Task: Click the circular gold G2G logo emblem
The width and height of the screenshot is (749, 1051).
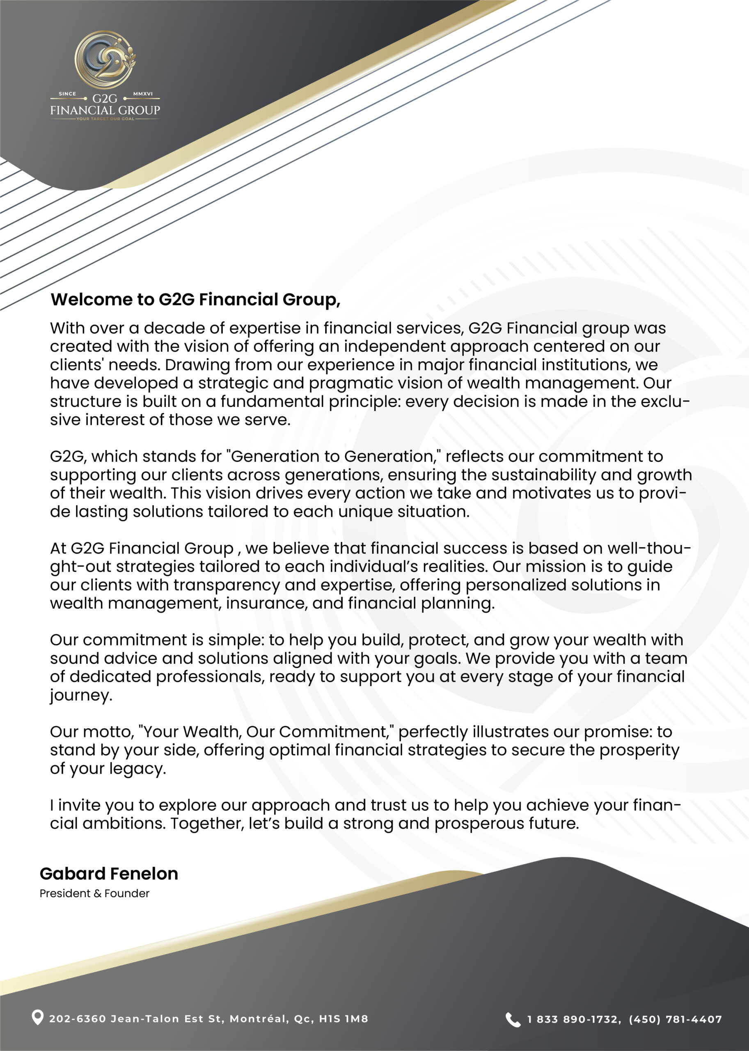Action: click(x=105, y=60)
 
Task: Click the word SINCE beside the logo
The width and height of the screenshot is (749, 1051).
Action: click(x=67, y=94)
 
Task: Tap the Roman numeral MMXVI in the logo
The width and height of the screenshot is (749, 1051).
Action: click(x=143, y=94)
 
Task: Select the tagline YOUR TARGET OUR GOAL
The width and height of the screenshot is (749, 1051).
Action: click(x=105, y=119)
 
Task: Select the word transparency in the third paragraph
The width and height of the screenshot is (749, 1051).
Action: click(x=227, y=585)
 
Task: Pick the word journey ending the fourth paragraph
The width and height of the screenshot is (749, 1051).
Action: click(x=81, y=695)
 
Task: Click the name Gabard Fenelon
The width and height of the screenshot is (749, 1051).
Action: click(x=109, y=874)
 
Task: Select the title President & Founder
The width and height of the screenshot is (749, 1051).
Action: click(x=94, y=893)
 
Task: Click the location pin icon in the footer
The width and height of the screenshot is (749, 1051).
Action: click(x=37, y=1017)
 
